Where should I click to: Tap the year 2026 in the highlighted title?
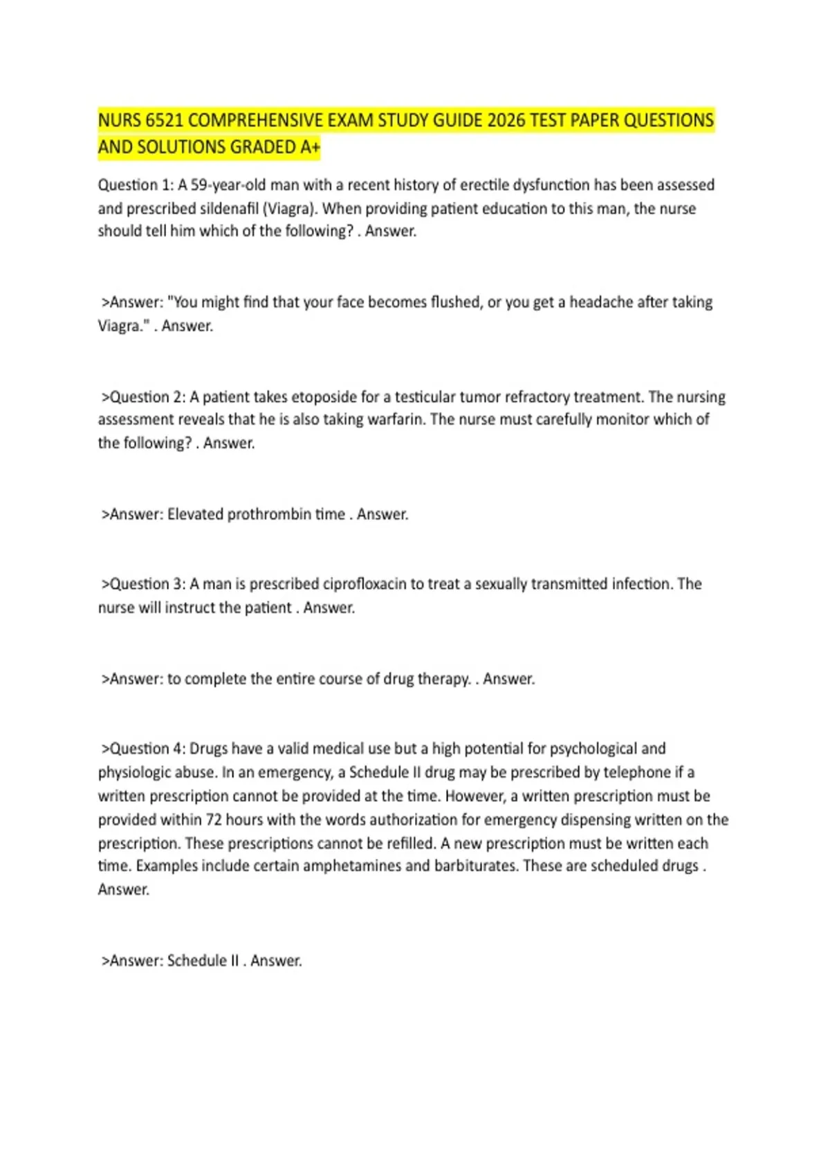coord(506,121)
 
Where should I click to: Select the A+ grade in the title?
coord(311,147)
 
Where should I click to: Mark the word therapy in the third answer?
coord(444,679)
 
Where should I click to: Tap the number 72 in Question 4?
coord(213,820)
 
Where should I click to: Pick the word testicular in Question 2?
coord(425,397)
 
